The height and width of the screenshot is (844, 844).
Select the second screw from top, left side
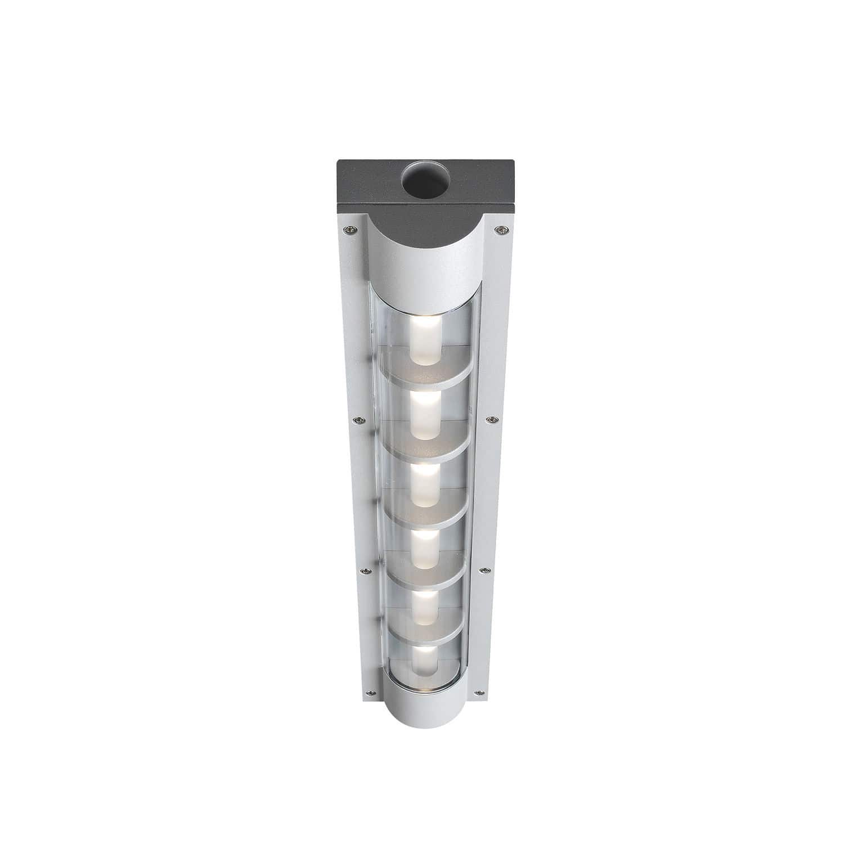click(x=356, y=420)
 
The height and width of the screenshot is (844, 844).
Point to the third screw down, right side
click(x=483, y=571)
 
